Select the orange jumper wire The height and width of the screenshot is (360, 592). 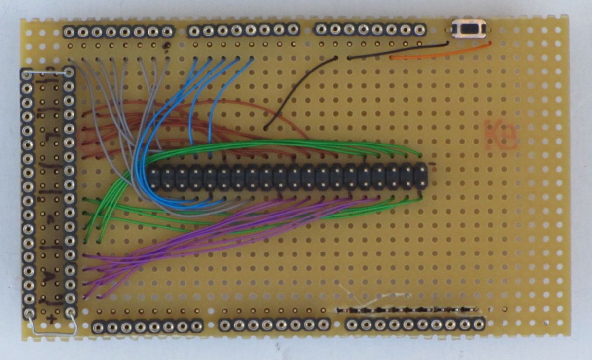tap(439, 52)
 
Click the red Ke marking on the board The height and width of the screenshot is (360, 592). tap(501, 134)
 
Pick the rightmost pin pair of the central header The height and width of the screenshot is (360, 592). tap(421, 177)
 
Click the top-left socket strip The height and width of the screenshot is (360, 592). tap(118, 32)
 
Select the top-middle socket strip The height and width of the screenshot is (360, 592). tap(244, 31)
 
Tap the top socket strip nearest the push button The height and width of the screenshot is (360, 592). tap(370, 29)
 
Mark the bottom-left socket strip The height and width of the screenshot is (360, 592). tap(147, 326)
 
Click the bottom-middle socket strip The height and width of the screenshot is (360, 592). tap(274, 324)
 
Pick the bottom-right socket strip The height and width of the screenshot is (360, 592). tap(415, 324)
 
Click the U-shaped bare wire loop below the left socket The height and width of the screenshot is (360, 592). tap(52, 327)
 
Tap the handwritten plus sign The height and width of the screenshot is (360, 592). tap(50, 320)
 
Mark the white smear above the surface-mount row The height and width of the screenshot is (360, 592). tap(375, 297)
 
